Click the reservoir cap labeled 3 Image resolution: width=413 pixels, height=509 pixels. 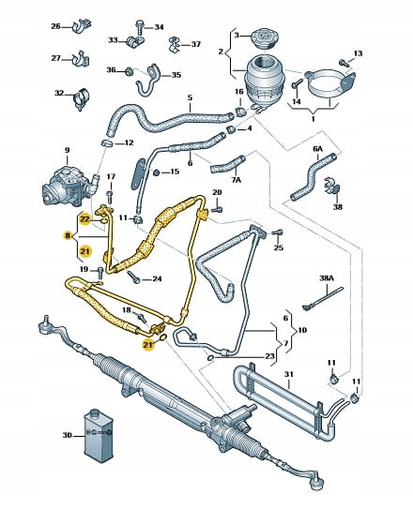[264, 39]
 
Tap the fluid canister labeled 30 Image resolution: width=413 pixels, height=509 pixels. [99, 435]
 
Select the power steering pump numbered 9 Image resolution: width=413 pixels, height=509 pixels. [69, 186]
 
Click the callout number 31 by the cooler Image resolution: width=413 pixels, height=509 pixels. [288, 374]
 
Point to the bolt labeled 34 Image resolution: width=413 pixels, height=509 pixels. [140, 26]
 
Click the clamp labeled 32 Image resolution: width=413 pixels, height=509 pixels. [82, 98]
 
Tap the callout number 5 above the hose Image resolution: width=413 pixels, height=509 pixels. [191, 97]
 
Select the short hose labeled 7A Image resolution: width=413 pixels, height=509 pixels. [227, 164]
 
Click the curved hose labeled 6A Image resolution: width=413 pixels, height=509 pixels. [312, 177]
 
